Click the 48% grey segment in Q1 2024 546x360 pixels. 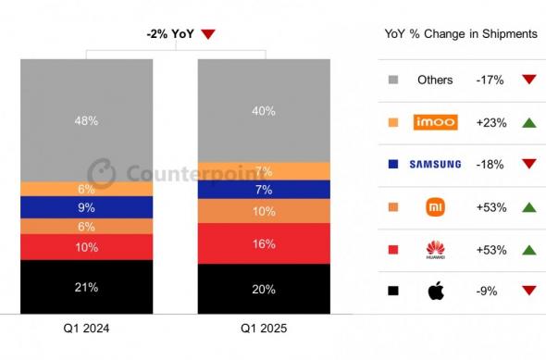(86, 120)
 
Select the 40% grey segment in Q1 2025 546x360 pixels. (263, 111)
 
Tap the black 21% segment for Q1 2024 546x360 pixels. (86, 288)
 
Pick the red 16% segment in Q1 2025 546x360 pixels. (263, 244)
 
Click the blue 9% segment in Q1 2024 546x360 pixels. (86, 207)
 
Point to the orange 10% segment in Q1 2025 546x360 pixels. (263, 212)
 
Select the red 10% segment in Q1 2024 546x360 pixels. (86, 247)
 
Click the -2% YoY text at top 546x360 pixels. (169, 34)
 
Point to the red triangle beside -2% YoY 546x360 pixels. (208, 35)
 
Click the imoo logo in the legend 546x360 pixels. (434, 122)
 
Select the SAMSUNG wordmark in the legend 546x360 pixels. (434, 165)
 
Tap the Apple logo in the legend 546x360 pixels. (434, 291)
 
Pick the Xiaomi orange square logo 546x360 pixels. (434, 206)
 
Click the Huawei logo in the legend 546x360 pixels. (434, 249)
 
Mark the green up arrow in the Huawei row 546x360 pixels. (528, 249)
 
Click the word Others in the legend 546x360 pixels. (434, 80)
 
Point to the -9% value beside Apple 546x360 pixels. (488, 291)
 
